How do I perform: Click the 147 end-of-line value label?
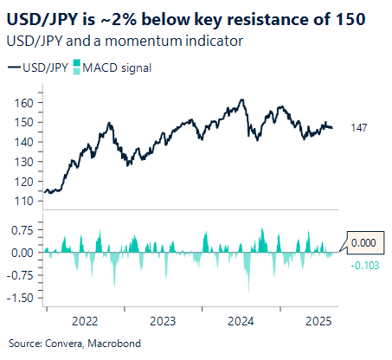click(359, 128)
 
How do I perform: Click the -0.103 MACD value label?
click(364, 264)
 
